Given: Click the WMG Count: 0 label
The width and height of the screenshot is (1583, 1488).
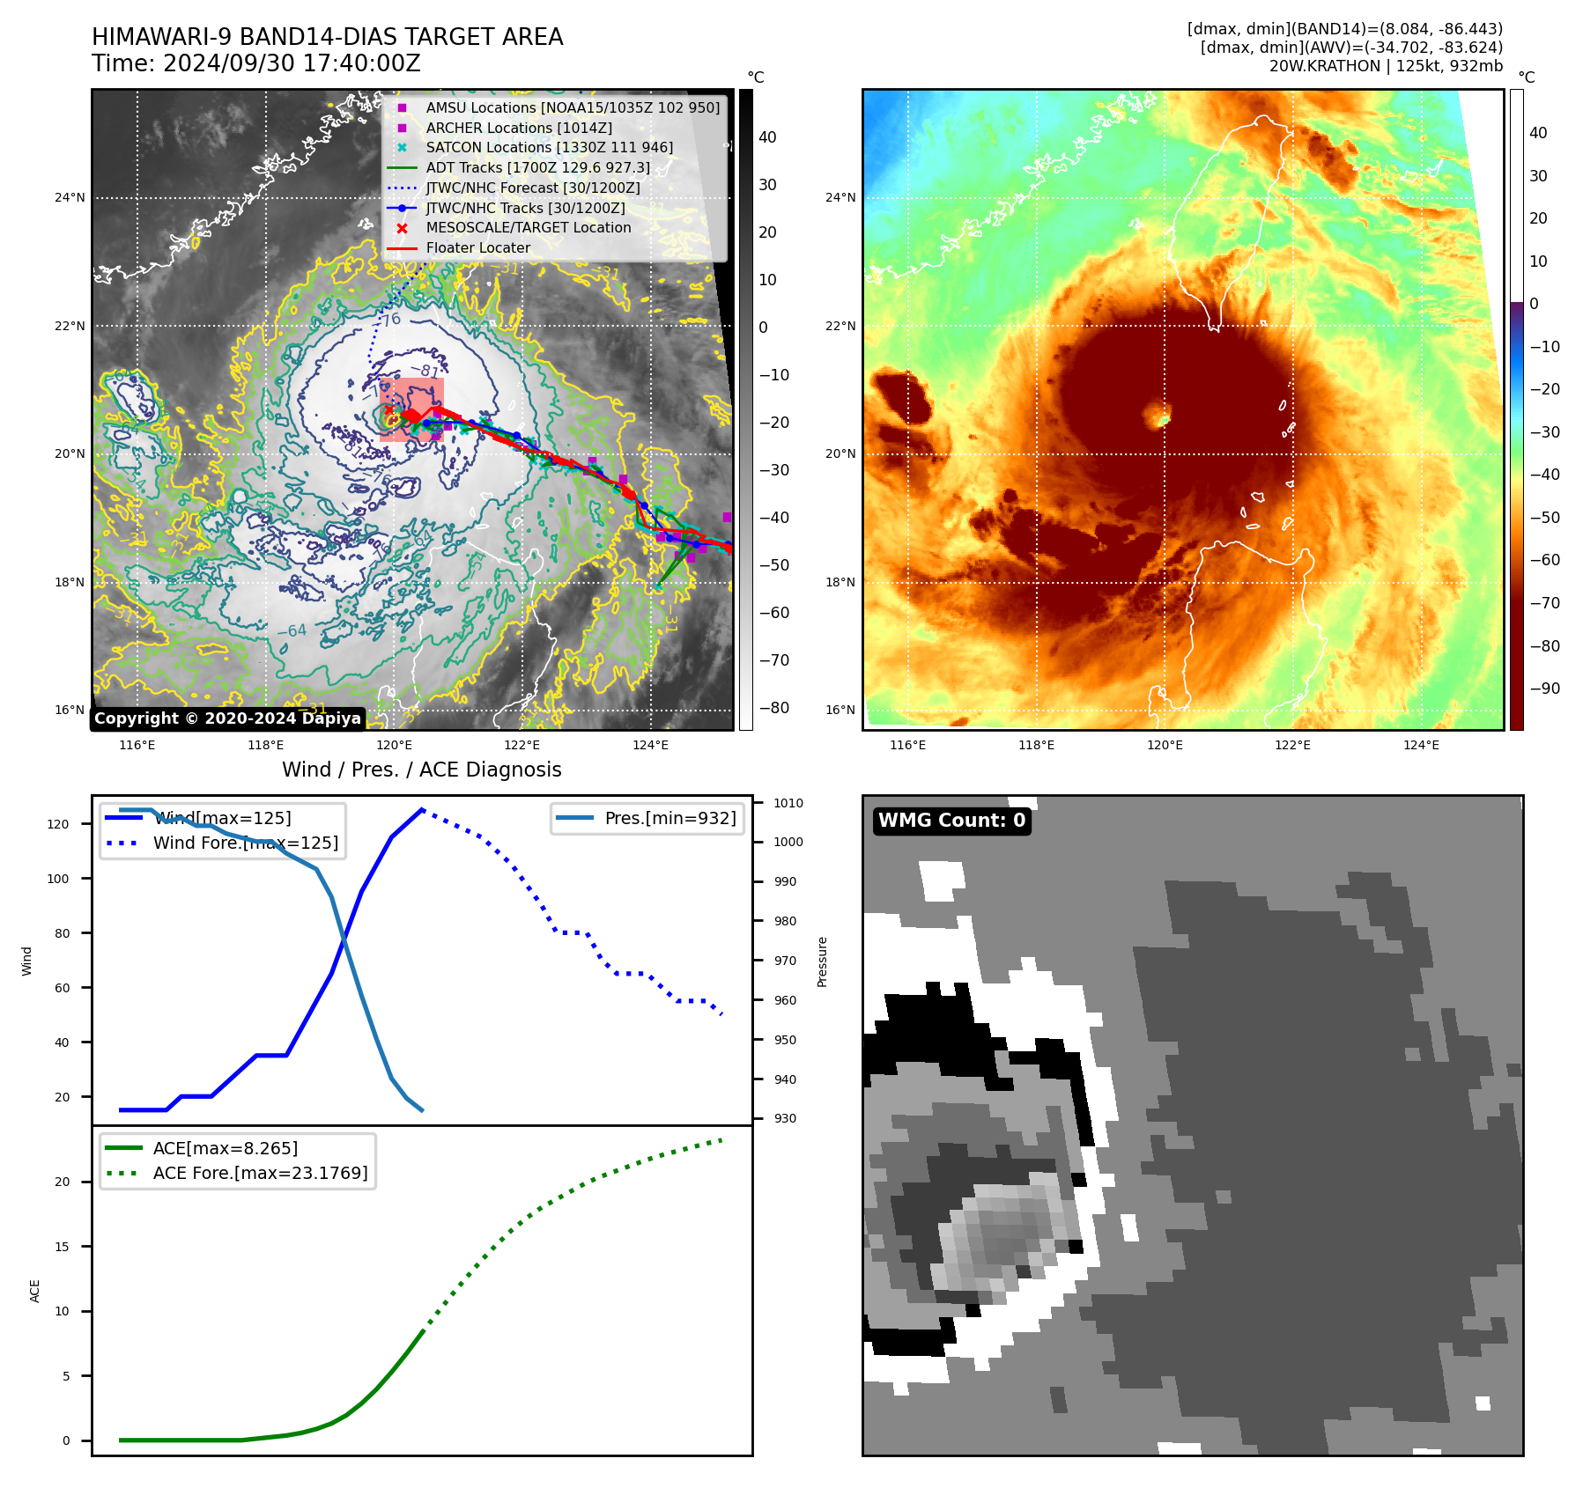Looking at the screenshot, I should (x=951, y=821).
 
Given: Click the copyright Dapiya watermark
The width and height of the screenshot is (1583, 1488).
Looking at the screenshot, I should (x=227, y=718).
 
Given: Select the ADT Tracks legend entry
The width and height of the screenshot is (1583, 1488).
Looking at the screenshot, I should (x=537, y=167).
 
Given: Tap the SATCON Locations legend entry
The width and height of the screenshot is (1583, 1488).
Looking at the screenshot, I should (x=549, y=147).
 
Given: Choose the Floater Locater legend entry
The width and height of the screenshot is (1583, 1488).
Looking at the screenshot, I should (x=477, y=248).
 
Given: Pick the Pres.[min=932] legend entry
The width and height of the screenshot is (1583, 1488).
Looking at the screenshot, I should (x=669, y=818).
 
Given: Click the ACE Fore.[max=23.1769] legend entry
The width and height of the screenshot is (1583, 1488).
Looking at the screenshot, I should (x=260, y=1173).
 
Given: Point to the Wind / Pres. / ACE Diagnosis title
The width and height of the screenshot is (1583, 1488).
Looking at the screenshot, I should (x=421, y=770).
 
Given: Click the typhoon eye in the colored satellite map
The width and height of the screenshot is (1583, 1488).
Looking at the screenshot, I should (x=1157, y=414).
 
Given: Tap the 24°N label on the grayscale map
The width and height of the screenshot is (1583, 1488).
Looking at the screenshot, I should (x=70, y=197).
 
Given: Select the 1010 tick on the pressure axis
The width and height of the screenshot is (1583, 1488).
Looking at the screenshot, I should (x=788, y=803).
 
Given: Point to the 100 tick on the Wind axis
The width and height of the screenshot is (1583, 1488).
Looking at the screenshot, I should (x=58, y=879).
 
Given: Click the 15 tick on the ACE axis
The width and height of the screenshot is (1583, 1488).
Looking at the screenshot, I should (x=62, y=1247).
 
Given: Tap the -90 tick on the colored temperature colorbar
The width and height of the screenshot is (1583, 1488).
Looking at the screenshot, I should (x=1544, y=689).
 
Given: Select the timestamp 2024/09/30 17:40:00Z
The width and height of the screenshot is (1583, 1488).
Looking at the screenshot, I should (x=292, y=63).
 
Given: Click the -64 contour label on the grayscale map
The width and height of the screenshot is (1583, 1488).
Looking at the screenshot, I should (x=292, y=630).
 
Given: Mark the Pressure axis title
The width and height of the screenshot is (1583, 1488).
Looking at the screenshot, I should (x=822, y=961).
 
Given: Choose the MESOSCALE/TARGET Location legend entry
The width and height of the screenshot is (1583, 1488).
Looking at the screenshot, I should (x=529, y=228).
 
